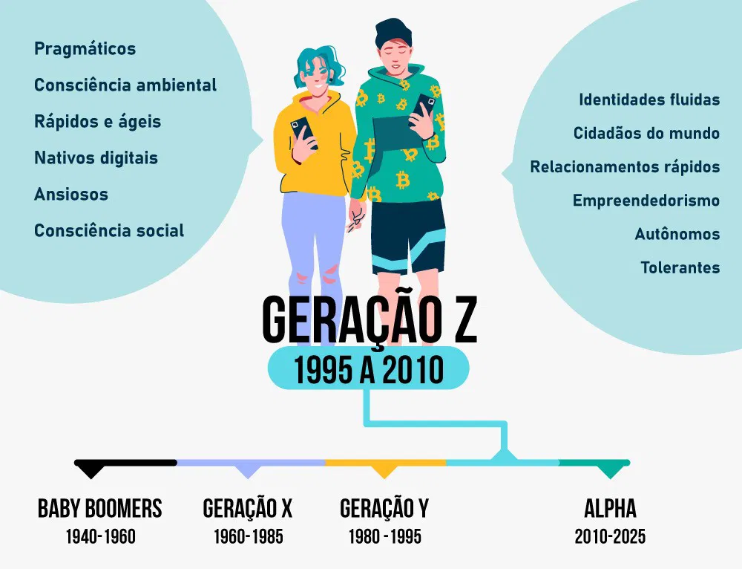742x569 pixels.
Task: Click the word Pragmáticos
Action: pyautogui.click(x=85, y=50)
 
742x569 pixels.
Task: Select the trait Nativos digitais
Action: pyautogui.click(x=96, y=158)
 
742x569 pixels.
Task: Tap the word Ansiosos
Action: pyautogui.click(x=71, y=195)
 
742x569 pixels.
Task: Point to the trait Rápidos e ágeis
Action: pyautogui.click(x=97, y=122)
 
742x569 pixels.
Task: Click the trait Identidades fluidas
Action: pyautogui.click(x=649, y=100)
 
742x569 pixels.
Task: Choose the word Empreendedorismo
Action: pyautogui.click(x=646, y=201)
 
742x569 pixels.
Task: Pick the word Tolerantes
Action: pyautogui.click(x=680, y=267)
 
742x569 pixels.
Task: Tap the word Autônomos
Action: pyautogui.click(x=677, y=234)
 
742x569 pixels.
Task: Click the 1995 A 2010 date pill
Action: pyautogui.click(x=368, y=369)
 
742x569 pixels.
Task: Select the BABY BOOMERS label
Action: pyautogui.click(x=99, y=509)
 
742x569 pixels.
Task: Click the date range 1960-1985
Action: pyautogui.click(x=248, y=536)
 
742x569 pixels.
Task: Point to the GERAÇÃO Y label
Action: pyautogui.click(x=384, y=509)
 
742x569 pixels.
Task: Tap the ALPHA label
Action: pyautogui.click(x=610, y=509)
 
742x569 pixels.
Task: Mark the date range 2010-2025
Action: pyautogui.click(x=610, y=536)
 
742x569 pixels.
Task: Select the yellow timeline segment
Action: pyautogui.click(x=385, y=462)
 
